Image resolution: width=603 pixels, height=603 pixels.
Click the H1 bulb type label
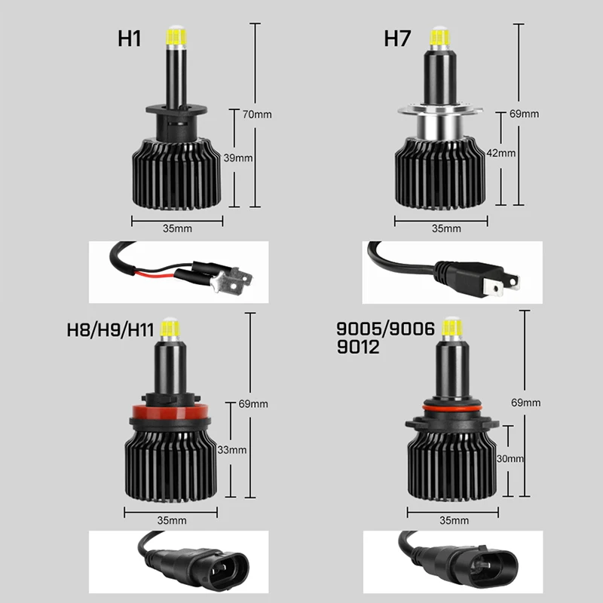click(x=129, y=39)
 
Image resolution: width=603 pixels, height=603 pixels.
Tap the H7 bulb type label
click(x=397, y=39)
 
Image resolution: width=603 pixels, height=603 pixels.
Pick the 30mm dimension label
click(x=510, y=458)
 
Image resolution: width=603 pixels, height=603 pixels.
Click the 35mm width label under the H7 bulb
click(x=447, y=228)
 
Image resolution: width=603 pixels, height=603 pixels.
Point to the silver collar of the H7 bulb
click(x=441, y=126)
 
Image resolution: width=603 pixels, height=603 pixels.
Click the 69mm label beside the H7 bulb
click(x=525, y=114)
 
